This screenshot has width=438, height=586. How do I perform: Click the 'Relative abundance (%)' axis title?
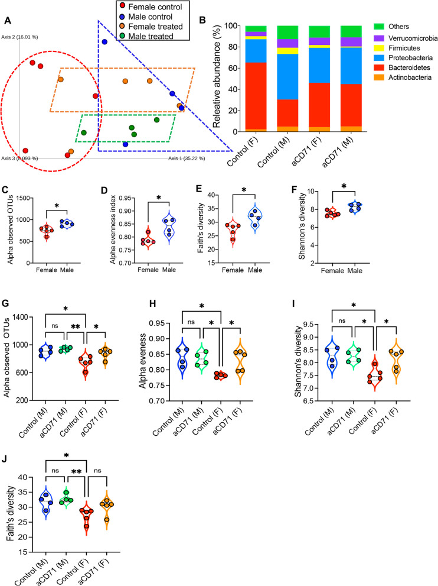tap(217, 79)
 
